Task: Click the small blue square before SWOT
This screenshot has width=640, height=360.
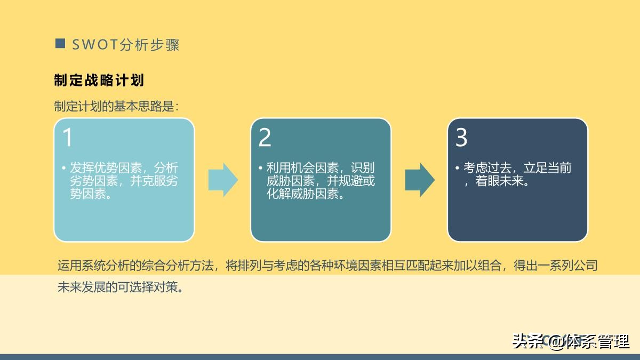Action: click(60, 43)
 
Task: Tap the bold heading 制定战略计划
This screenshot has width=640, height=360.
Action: click(99, 81)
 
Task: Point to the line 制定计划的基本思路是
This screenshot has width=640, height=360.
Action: click(116, 106)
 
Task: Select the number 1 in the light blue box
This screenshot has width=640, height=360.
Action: click(68, 138)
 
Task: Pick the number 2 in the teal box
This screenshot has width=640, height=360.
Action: click(265, 138)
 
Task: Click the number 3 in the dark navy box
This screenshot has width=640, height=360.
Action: click(461, 138)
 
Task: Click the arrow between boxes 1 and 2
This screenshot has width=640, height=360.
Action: click(223, 180)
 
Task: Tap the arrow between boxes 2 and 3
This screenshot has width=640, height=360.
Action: click(420, 180)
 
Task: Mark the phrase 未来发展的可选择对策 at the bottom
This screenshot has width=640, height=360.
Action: click(121, 287)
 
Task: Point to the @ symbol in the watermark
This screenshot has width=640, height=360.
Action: click(556, 342)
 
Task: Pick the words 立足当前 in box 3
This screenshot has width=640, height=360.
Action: click(548, 168)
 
